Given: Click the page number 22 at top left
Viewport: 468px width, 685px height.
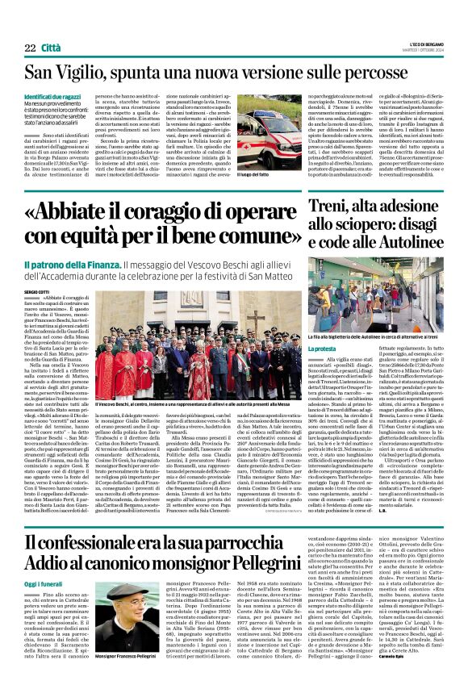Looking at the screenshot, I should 30,49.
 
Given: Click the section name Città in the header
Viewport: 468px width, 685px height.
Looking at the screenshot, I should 55,49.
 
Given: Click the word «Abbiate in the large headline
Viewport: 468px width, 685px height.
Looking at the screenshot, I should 77,209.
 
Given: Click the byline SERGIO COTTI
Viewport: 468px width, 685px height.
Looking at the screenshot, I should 36,291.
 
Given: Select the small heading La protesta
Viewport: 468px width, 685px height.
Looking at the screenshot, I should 322,326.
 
